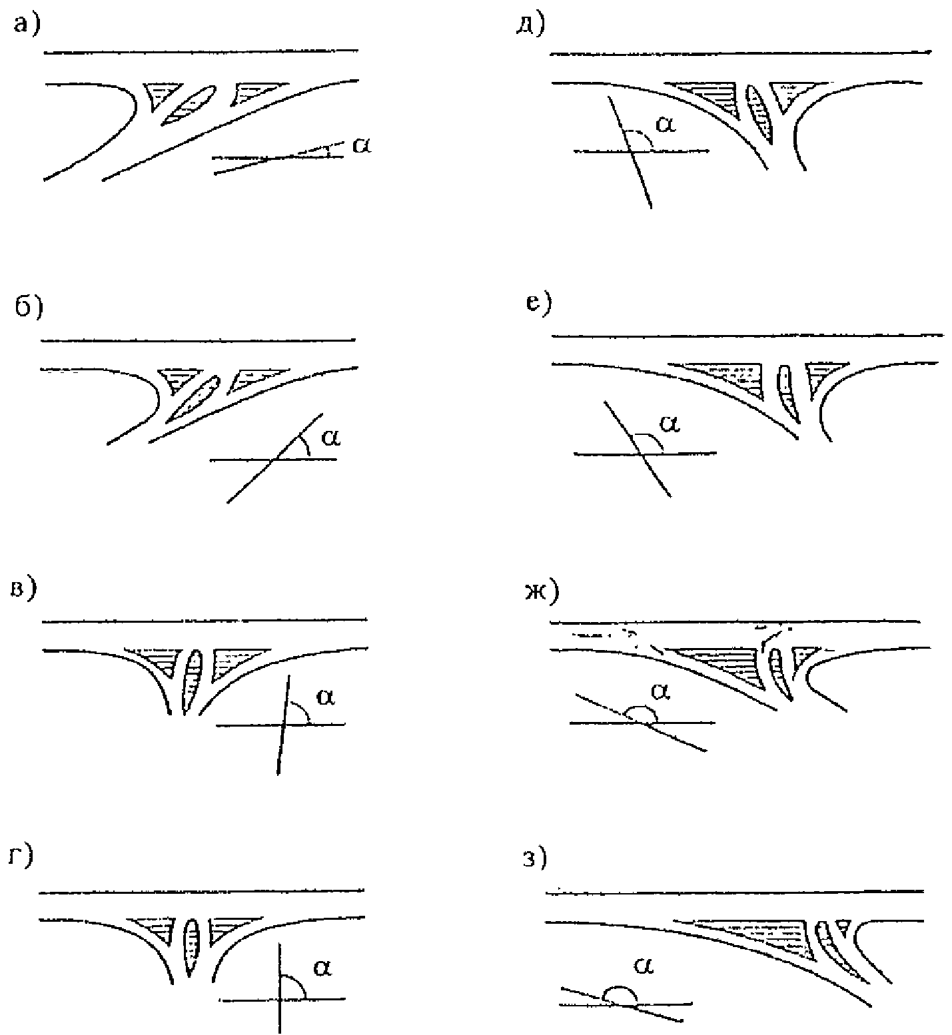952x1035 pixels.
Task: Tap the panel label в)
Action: tap(26, 589)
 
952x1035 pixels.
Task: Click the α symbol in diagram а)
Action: tap(361, 145)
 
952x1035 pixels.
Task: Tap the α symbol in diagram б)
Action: tap(330, 436)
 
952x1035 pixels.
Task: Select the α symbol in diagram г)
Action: tap(322, 968)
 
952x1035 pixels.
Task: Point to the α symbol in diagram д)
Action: tap(666, 123)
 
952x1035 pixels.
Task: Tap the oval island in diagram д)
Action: tap(760, 113)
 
